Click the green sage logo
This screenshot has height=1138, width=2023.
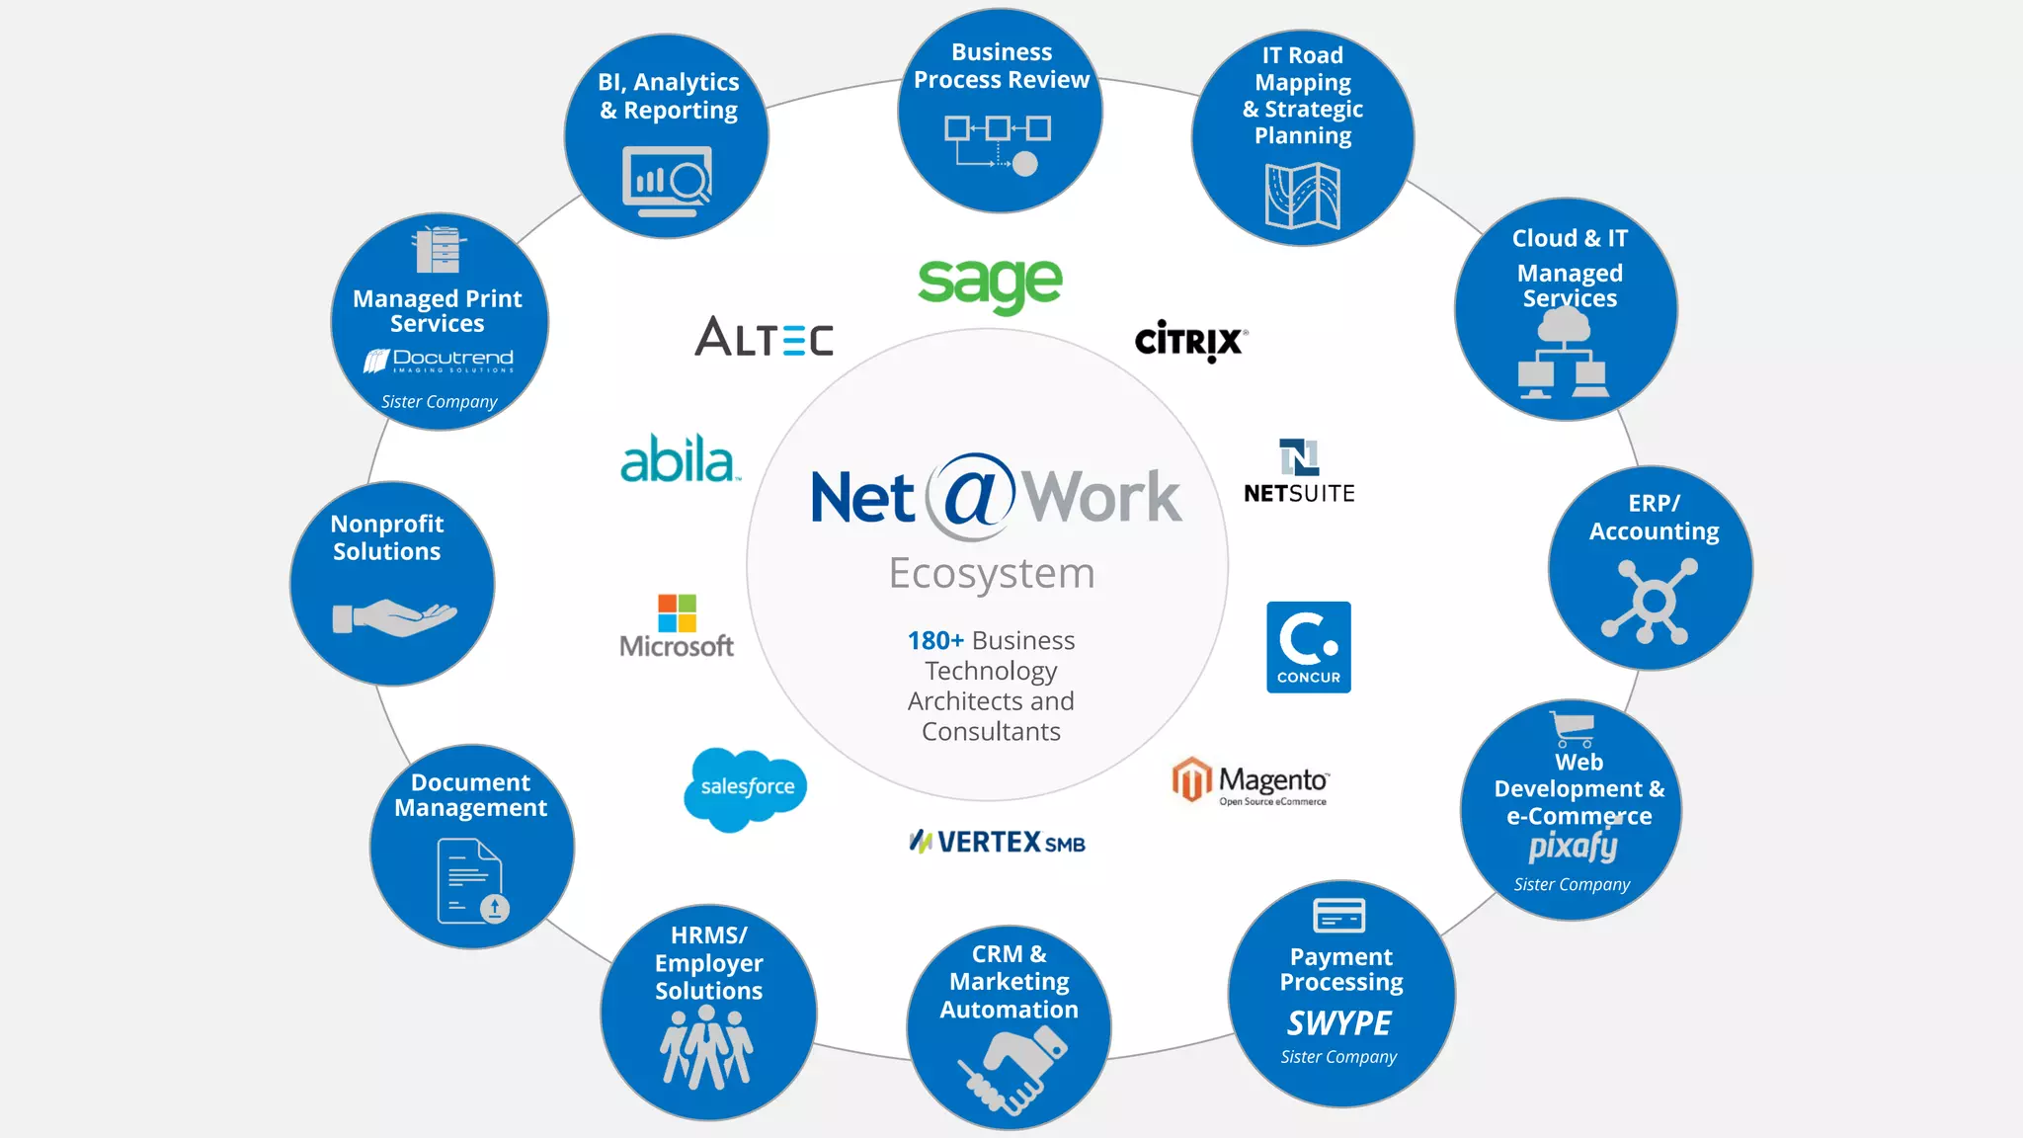click(990, 284)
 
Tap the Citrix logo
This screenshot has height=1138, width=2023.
click(1190, 341)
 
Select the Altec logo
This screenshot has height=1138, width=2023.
click(764, 337)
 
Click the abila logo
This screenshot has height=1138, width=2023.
click(679, 460)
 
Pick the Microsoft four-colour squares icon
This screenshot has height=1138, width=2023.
click(677, 612)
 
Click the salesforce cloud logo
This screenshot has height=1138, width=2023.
click(746, 787)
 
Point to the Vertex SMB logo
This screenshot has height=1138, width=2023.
click(997, 843)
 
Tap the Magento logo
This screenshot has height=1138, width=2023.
click(1251, 782)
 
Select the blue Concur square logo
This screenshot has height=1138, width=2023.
click(1308, 647)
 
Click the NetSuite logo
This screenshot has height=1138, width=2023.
click(1299, 472)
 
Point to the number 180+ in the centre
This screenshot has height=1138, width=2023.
click(934, 641)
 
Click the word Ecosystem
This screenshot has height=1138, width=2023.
click(992, 573)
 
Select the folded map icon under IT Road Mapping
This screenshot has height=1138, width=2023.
click(1302, 196)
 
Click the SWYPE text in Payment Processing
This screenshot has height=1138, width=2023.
click(1339, 1023)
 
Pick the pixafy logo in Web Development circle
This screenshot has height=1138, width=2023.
click(1573, 847)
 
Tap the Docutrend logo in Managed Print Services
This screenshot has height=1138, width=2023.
click(439, 361)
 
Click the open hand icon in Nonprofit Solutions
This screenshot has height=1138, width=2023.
click(394, 618)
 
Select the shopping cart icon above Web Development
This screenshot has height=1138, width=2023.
click(1573, 729)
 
